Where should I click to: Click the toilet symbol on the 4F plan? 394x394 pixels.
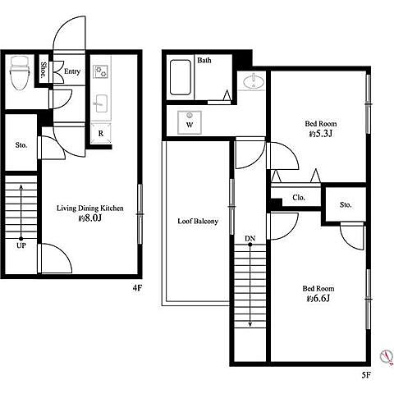click(19, 73)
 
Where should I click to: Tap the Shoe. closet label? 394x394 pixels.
click(44, 70)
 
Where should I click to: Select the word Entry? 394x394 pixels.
click(72, 71)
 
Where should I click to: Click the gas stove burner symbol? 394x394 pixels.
click(100, 71)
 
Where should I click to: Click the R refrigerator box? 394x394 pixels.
click(101, 133)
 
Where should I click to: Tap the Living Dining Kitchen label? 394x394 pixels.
click(90, 208)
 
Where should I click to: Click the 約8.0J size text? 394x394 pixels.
click(90, 218)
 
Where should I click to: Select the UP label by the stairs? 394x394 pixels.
click(21, 245)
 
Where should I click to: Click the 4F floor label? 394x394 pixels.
click(137, 287)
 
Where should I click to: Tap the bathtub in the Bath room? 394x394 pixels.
click(181, 77)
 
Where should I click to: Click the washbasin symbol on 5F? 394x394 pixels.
click(254, 81)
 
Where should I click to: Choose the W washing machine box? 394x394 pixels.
click(190, 122)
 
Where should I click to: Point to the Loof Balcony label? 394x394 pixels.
click(198, 221)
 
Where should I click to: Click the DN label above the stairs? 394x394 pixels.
click(250, 239)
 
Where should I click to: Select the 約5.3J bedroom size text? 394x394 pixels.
click(320, 134)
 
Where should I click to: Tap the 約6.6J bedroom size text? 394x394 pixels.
click(318, 299)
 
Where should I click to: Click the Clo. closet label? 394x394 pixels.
click(299, 197)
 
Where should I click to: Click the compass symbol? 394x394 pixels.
click(387, 356)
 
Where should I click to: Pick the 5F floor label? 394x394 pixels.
click(366, 375)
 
